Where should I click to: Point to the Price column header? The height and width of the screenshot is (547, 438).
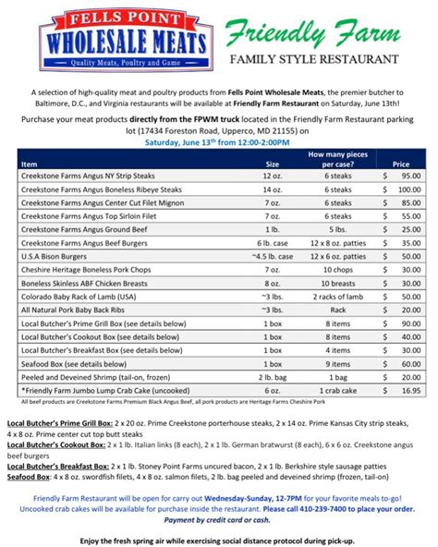pos(400,163)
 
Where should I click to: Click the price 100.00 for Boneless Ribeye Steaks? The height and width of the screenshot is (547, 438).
pos(403,188)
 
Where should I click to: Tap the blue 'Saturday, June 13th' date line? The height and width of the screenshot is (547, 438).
pos(218,144)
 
